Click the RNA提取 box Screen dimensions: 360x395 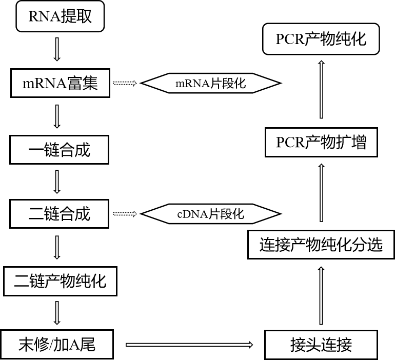(61, 17)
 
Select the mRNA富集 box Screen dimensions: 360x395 (61, 83)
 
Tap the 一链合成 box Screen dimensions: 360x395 (60, 150)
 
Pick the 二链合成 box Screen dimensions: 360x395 (60, 213)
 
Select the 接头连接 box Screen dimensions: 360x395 (321, 345)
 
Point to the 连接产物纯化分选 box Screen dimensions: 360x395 (321, 245)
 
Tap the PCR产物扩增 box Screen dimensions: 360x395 (321, 142)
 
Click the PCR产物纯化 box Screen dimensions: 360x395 (321, 39)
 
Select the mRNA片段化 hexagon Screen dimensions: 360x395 (211, 84)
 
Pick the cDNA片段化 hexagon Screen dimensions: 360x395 (211, 213)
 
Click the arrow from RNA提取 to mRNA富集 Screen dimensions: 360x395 (57, 49)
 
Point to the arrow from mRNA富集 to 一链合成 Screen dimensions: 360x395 (57, 116)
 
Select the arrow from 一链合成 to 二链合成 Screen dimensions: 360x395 (57, 181)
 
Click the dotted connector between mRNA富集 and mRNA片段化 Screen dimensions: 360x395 (125, 83)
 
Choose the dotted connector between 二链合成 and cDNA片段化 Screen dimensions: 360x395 (125, 213)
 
